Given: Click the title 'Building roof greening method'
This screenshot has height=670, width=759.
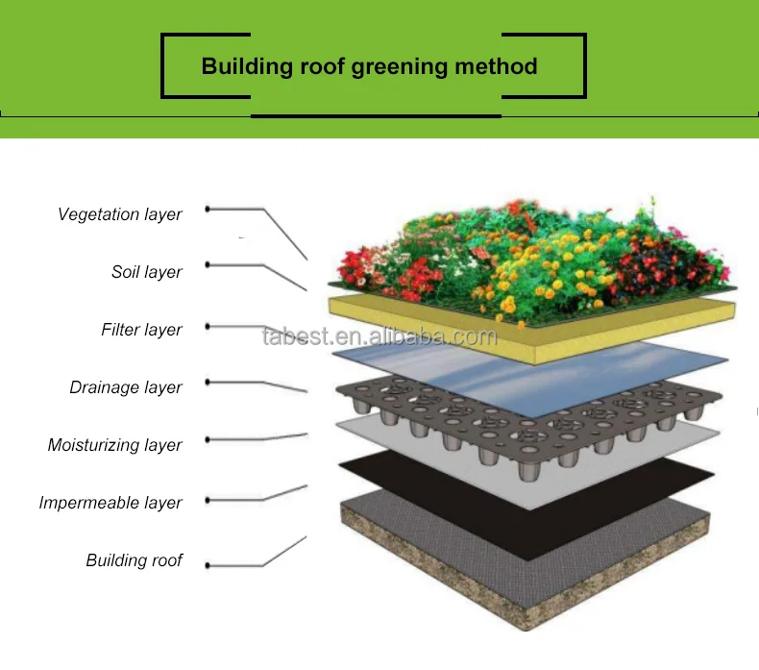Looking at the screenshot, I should (369, 67).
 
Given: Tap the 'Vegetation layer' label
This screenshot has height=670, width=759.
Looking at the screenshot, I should (119, 214).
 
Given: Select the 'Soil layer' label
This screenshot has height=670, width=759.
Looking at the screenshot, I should (146, 272).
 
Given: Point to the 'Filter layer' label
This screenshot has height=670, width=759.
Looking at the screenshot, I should (141, 330).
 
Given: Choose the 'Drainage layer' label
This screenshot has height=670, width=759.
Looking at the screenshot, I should (126, 387).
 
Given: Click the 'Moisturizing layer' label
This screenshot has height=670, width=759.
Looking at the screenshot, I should (114, 445).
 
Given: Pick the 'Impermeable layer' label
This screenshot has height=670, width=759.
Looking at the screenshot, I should (110, 503).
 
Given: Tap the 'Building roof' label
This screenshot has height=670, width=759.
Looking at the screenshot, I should (134, 560).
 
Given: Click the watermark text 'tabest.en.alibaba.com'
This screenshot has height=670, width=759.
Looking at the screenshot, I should (379, 336).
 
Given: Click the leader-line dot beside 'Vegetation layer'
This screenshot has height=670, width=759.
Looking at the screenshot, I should (208, 209).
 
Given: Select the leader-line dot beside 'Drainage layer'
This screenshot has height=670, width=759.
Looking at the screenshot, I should (208, 382).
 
